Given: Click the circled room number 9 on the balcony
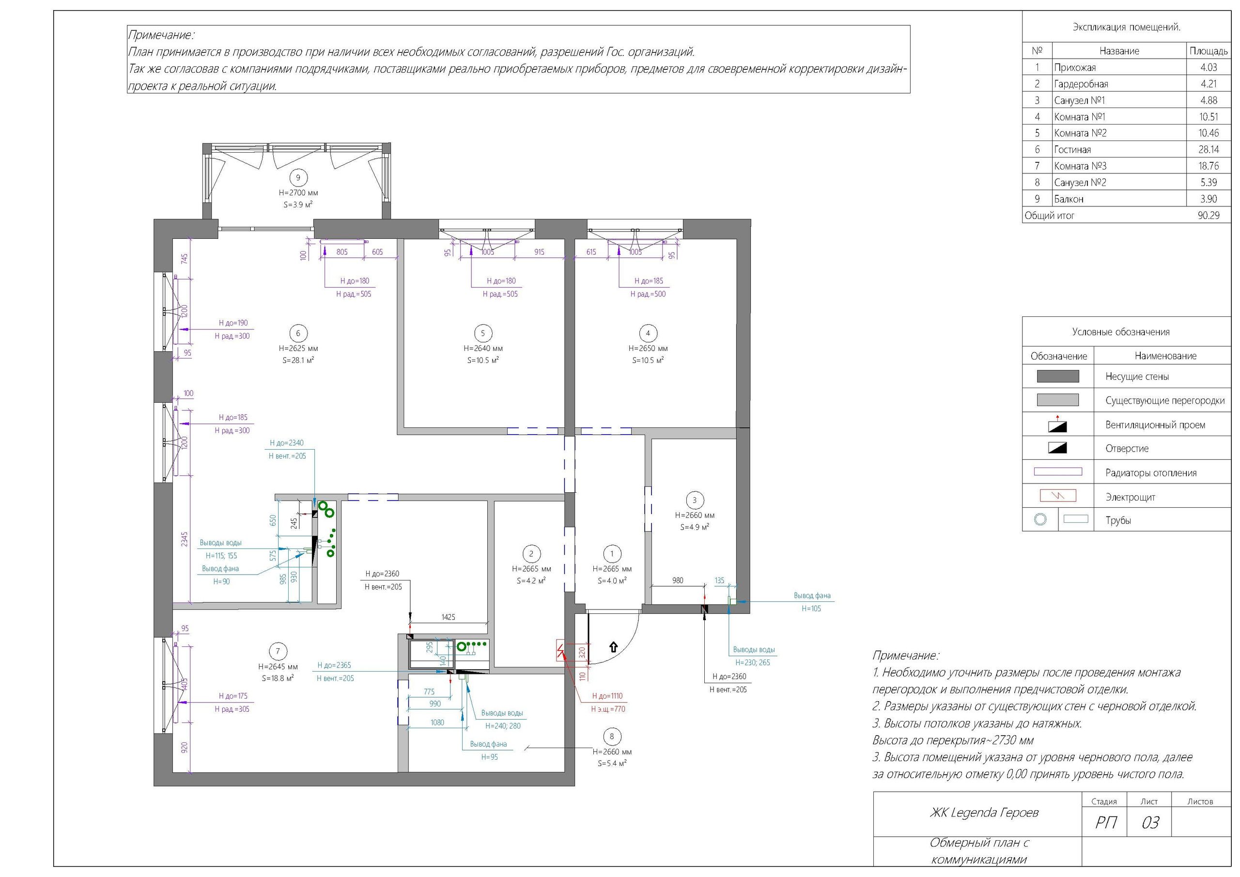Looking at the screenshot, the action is pyautogui.click(x=298, y=177).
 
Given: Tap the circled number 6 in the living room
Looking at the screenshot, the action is pyautogui.click(x=298, y=333).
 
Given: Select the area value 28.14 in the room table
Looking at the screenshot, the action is pyautogui.click(x=1209, y=150).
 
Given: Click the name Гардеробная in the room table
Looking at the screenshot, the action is pyautogui.click(x=1081, y=84).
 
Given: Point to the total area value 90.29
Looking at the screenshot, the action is pyautogui.click(x=1209, y=216).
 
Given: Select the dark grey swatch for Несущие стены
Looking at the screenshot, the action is pyautogui.click(x=1057, y=376).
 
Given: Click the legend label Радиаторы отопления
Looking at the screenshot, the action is pyautogui.click(x=1151, y=473).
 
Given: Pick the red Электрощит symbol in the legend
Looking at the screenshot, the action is pyautogui.click(x=1057, y=496).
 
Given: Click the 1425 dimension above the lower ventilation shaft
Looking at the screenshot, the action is pyautogui.click(x=448, y=617).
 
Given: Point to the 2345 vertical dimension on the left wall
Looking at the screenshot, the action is pyautogui.click(x=185, y=539).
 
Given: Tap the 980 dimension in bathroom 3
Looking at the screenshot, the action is pyautogui.click(x=678, y=581).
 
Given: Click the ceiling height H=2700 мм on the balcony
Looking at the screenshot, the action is pyautogui.click(x=298, y=193).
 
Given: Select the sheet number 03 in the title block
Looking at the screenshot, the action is pyautogui.click(x=1150, y=823).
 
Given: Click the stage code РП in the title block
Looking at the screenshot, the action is pyautogui.click(x=1105, y=823).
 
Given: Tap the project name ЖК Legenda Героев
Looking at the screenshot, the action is pyautogui.click(x=984, y=813).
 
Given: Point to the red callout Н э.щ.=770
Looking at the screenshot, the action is pyautogui.click(x=607, y=709).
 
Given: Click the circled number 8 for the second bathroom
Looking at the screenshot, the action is pyautogui.click(x=611, y=736).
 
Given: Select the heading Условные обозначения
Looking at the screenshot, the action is pyautogui.click(x=1121, y=332).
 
